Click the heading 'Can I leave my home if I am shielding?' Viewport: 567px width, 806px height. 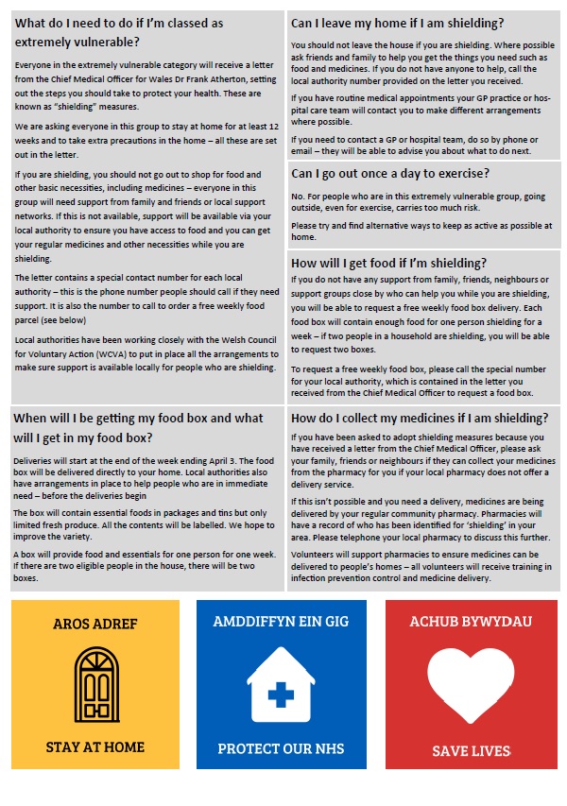pyautogui.click(x=397, y=23)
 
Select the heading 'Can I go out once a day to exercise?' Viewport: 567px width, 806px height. pyautogui.click(x=389, y=173)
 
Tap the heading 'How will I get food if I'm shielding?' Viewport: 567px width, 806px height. pyautogui.click(x=388, y=263)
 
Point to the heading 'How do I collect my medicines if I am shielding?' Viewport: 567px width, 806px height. pyautogui.click(x=420, y=417)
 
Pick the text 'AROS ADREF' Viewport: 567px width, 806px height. pyautogui.click(x=97, y=624)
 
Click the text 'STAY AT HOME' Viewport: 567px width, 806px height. pyautogui.click(x=97, y=747)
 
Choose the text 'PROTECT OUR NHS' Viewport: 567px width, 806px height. pyautogui.click(x=281, y=748)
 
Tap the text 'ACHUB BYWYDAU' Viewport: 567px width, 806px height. pyautogui.click(x=470, y=622)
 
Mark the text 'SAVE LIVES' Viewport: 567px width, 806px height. pyautogui.click(x=470, y=751)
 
